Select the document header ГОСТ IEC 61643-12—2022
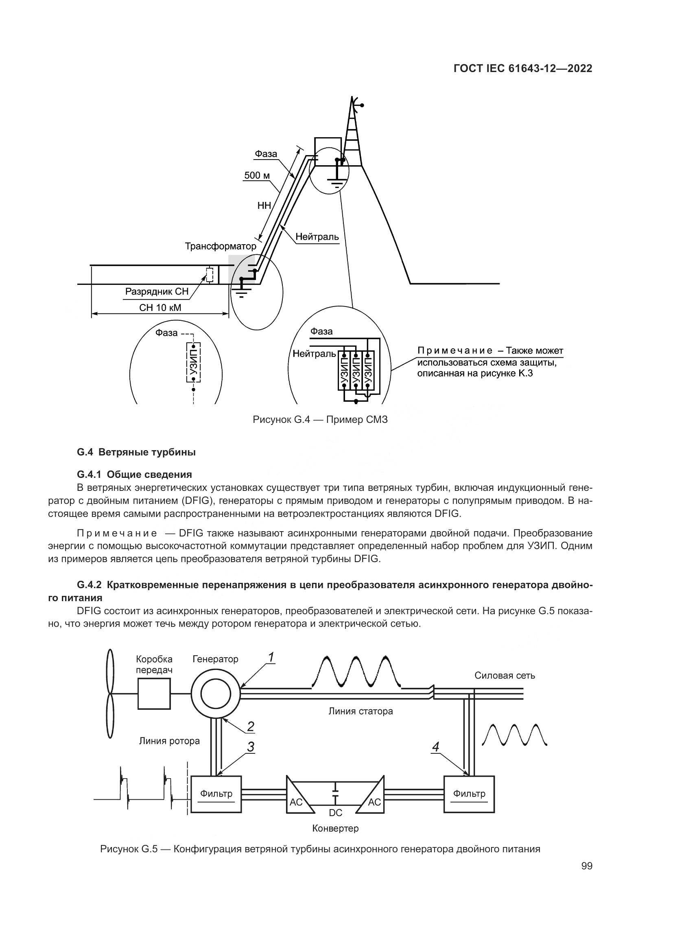[x=523, y=69]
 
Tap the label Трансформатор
[x=221, y=246]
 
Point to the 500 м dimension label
[x=257, y=175]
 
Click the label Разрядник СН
[x=157, y=291]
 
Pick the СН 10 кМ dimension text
[x=160, y=308]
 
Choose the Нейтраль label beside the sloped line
[x=317, y=237]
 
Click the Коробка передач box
[x=154, y=694]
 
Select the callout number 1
[x=271, y=657]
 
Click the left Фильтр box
[x=216, y=794]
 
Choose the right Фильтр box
[x=469, y=794]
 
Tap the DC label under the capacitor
[x=335, y=813]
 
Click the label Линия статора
[x=361, y=711]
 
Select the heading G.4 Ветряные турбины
[x=136, y=452]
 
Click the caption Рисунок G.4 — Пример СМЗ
[x=320, y=420]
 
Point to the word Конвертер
[x=335, y=828]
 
